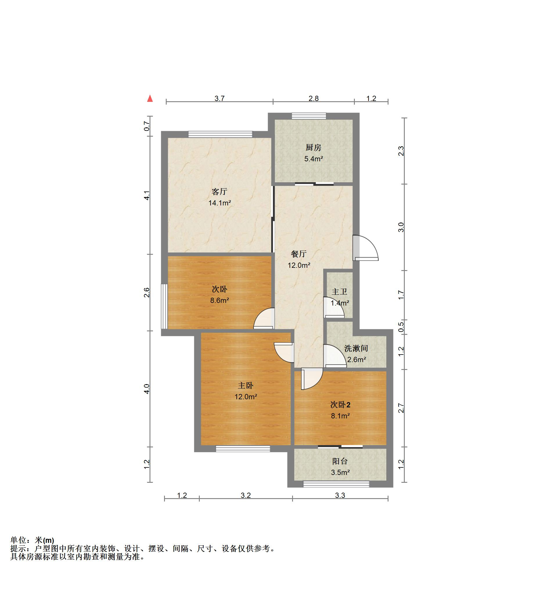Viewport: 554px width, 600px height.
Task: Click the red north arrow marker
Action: [x=150, y=98]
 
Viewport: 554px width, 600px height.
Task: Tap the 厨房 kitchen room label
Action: [x=313, y=147]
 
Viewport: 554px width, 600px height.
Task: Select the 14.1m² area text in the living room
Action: [x=220, y=203]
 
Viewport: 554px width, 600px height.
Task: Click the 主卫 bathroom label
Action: [x=339, y=292]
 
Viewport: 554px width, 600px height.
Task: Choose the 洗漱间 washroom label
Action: [x=356, y=348]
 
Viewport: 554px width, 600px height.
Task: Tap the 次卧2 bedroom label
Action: [x=340, y=405]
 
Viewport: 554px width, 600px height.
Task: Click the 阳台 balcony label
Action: [x=340, y=461]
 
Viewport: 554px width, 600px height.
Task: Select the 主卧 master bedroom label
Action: [x=246, y=386]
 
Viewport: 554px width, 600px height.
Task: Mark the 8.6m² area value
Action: [x=220, y=301]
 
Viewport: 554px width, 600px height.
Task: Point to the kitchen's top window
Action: [x=309, y=116]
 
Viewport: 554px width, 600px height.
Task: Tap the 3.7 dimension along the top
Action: [x=220, y=99]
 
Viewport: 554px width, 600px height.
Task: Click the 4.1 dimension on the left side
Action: [x=147, y=195]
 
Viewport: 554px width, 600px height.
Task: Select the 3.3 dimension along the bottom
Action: [x=340, y=496]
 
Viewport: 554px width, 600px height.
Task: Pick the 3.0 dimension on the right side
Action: [x=401, y=227]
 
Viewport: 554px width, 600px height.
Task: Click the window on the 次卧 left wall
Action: [x=164, y=306]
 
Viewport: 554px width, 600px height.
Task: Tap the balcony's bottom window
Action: [x=336, y=484]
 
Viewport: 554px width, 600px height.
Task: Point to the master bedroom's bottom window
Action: [x=243, y=449]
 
